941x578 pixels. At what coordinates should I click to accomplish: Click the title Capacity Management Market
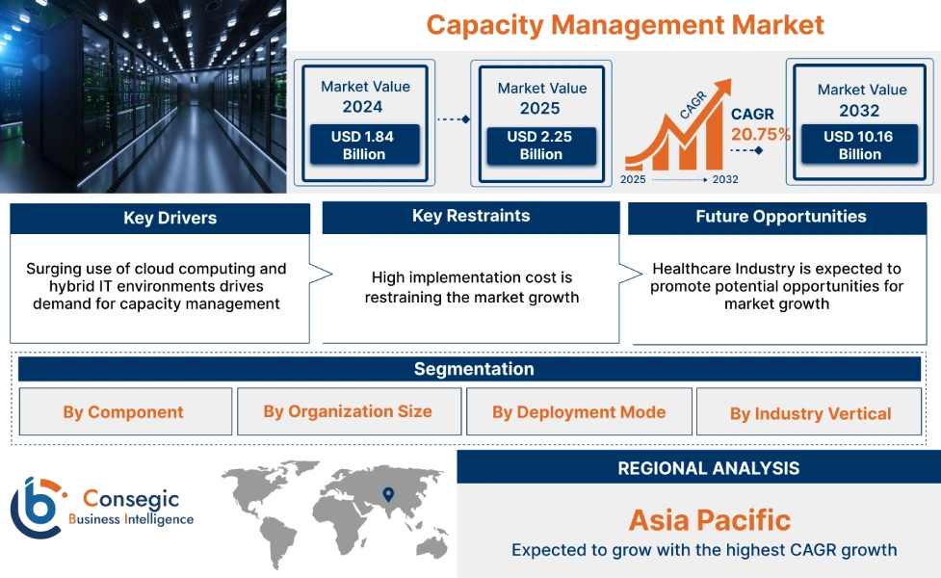click(625, 24)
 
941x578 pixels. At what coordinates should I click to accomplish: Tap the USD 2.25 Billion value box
click(540, 145)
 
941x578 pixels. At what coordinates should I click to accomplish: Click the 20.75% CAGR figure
click(760, 134)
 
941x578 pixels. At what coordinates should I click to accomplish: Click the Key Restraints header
click(470, 216)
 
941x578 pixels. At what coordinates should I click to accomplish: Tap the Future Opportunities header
click(780, 217)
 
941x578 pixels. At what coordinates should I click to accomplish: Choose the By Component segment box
click(123, 412)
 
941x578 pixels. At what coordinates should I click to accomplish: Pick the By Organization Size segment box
click(348, 411)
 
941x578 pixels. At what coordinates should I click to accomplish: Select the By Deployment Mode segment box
click(579, 412)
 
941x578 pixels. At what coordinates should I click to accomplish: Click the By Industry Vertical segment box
click(810, 413)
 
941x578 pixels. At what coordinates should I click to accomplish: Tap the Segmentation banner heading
click(474, 369)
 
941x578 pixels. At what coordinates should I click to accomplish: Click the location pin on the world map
click(388, 494)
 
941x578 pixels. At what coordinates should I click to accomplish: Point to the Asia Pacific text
click(709, 520)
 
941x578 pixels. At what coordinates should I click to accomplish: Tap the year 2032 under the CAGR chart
click(724, 179)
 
